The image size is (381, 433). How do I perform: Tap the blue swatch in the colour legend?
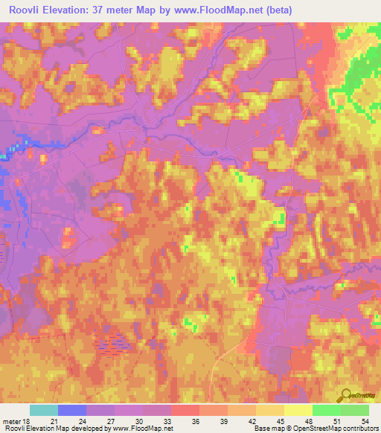72,410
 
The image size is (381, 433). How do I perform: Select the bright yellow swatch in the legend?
298,410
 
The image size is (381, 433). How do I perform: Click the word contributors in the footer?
359,429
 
